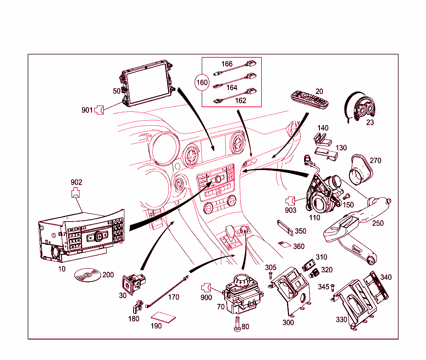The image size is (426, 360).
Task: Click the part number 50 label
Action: click(116, 91)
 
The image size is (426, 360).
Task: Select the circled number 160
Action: click(202, 83)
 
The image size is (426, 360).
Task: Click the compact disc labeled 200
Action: click(87, 275)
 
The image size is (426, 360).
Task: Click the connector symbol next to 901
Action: click(99, 110)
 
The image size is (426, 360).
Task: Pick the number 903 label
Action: click(290, 210)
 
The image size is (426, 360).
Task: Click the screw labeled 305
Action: click(271, 276)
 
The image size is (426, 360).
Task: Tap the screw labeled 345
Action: click(333, 288)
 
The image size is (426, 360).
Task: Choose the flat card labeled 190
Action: click(163, 318)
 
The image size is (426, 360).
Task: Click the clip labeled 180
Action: click(136, 308)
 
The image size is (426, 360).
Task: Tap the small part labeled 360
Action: click(285, 244)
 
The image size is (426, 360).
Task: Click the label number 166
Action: click(227, 64)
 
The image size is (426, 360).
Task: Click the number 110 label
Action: click(315, 217)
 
